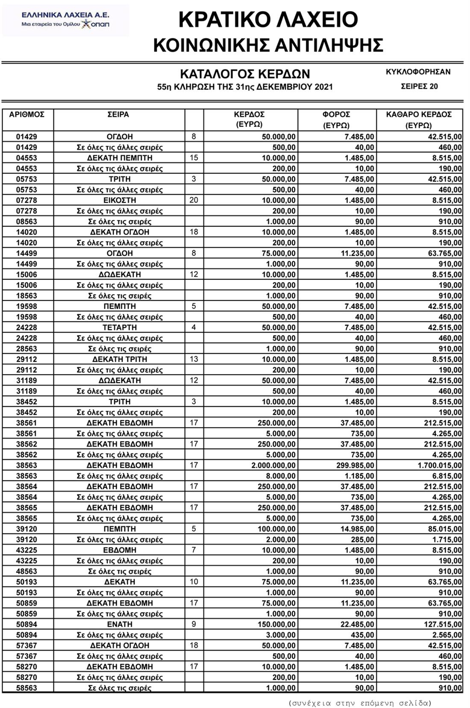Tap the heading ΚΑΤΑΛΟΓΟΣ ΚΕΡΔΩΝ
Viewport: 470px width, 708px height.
(x=245, y=74)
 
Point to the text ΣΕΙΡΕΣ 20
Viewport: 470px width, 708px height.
(x=419, y=86)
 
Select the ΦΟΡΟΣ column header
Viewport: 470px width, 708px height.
(x=336, y=114)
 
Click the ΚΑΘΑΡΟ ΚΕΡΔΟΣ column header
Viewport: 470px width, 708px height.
(x=419, y=114)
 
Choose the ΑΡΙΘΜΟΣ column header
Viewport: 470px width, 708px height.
(x=26, y=114)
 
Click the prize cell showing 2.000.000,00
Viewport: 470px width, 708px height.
(x=273, y=465)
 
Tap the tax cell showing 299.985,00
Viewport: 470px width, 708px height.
(x=355, y=465)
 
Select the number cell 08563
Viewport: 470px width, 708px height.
(x=26, y=222)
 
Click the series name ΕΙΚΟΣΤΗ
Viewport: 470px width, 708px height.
(x=120, y=200)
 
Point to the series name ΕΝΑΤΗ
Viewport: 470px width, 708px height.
(x=120, y=624)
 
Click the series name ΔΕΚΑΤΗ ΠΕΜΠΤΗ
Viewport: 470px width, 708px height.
(x=120, y=158)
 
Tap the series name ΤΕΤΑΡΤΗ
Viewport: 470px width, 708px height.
(x=120, y=328)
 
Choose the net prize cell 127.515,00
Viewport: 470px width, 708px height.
(x=442, y=624)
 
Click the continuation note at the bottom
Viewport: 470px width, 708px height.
(x=360, y=703)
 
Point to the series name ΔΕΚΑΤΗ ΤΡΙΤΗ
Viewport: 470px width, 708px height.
(x=120, y=360)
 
